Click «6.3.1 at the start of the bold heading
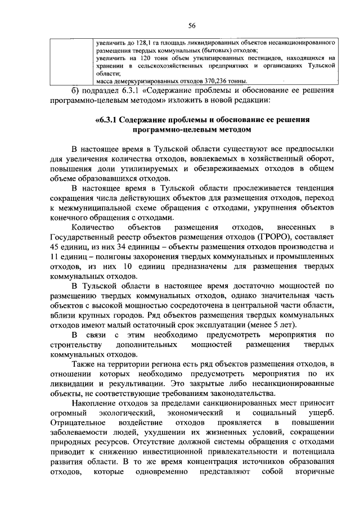pyautogui.click(x=110, y=120)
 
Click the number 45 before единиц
pyautogui.click(x=56, y=247)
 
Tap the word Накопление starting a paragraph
pyautogui.click(x=96, y=404)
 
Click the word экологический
pyautogui.click(x=125, y=413)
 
